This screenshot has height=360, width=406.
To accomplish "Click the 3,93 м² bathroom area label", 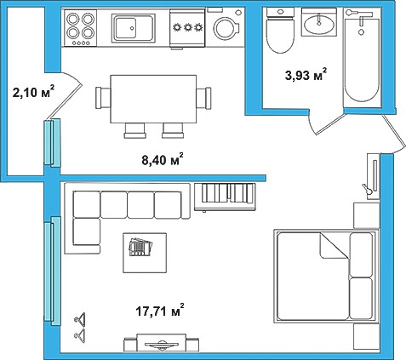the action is [306, 75].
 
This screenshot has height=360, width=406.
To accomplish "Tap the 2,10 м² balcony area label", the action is [33, 92].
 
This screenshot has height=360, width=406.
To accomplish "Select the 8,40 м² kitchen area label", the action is [163, 160].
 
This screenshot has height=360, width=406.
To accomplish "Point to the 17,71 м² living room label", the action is [160, 311].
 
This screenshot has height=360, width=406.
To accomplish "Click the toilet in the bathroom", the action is [281, 31].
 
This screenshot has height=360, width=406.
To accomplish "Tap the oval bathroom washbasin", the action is [319, 24].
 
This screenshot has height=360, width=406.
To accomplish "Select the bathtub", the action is [362, 58].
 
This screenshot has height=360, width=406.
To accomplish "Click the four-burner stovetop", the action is [81, 28].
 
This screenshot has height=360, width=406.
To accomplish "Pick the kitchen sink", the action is [134, 28].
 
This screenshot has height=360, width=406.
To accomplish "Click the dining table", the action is [153, 99].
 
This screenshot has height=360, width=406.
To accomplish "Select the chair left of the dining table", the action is [103, 98].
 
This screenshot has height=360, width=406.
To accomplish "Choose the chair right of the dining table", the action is [203, 98].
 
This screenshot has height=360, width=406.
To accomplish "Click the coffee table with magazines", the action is [145, 253].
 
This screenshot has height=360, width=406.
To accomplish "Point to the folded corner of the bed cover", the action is [335, 246].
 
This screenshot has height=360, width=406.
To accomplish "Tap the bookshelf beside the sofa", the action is [225, 197].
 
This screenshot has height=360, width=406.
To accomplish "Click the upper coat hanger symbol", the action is [80, 318].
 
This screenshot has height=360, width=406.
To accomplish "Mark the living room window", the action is [52, 271].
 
